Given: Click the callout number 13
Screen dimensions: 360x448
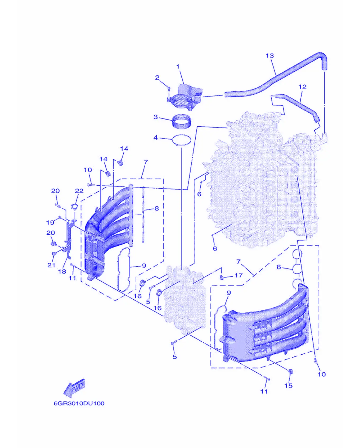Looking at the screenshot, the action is click(x=270, y=56).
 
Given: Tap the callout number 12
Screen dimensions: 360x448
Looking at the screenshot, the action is click(x=302, y=87).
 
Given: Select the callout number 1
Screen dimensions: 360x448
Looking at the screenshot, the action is click(x=178, y=66).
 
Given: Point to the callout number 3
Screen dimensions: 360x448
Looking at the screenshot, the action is click(x=156, y=117).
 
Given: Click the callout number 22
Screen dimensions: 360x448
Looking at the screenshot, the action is click(x=79, y=191).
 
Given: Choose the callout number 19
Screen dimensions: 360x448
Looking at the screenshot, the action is click(x=50, y=222).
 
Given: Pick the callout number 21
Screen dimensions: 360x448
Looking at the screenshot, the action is click(x=51, y=265).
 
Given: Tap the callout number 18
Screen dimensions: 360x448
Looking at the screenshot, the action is click(x=62, y=271).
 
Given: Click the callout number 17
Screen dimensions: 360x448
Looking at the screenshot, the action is click(x=238, y=275).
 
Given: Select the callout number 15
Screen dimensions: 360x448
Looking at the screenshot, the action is click(x=288, y=386).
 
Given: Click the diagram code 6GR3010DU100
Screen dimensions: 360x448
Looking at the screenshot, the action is click(x=79, y=403).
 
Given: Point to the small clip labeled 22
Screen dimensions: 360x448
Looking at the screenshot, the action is click(x=74, y=207).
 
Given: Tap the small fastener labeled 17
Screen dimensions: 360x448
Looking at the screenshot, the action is click(x=222, y=277).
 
